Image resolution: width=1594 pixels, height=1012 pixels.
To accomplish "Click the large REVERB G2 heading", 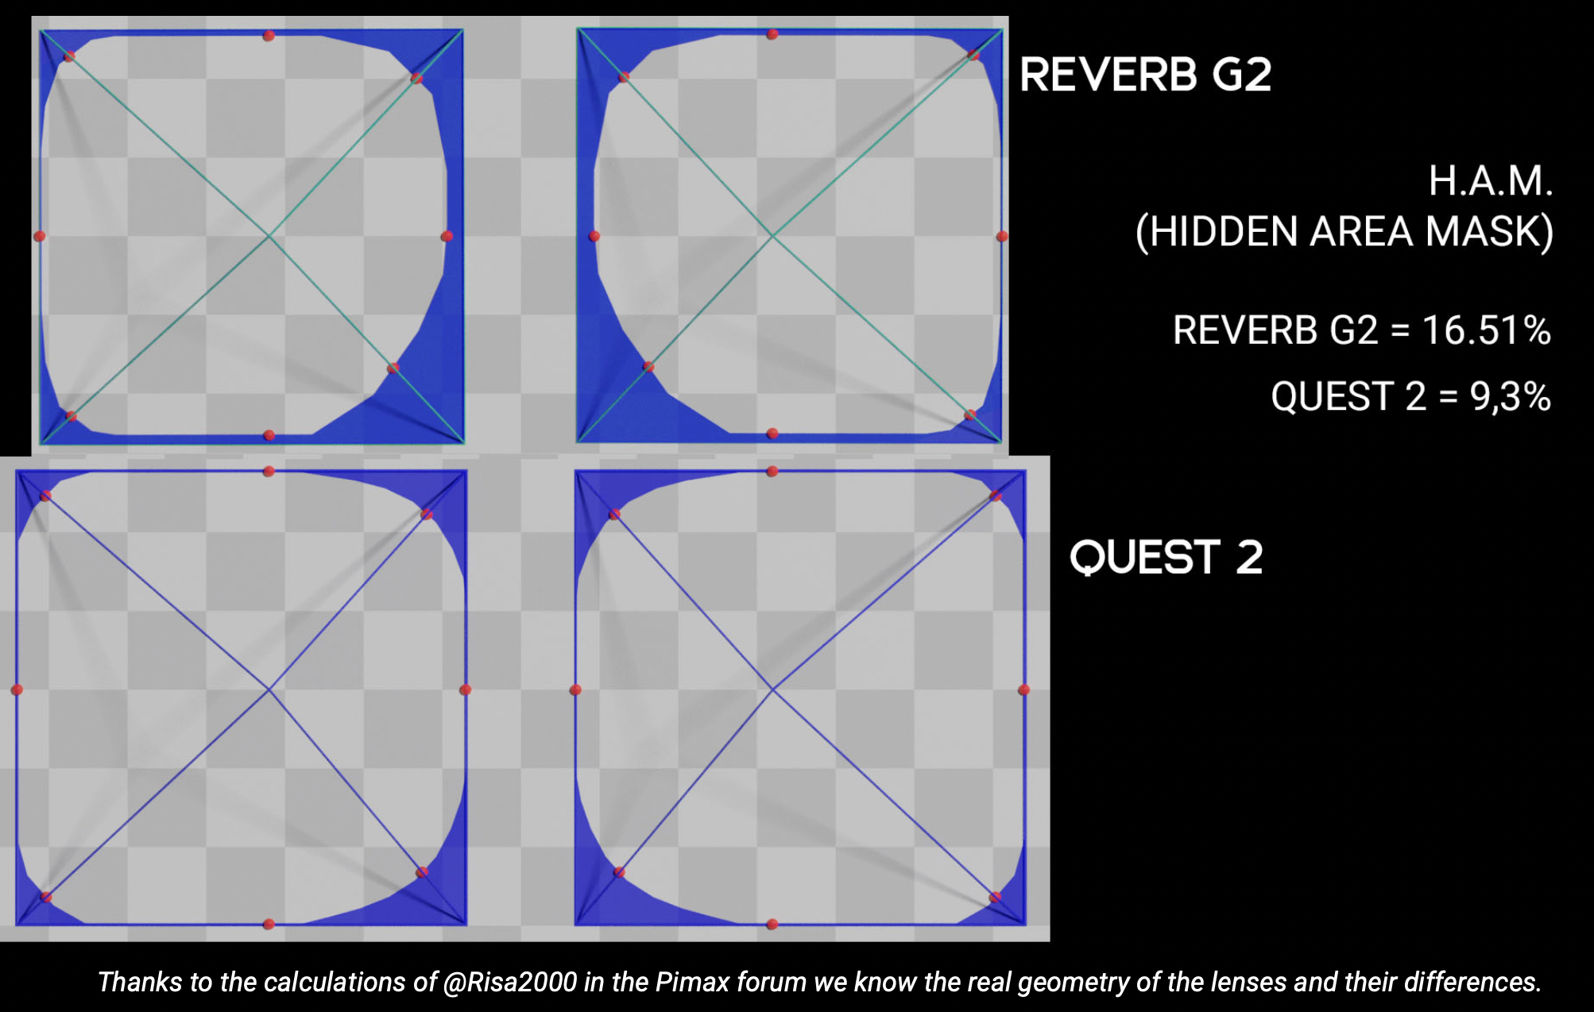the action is (1145, 75).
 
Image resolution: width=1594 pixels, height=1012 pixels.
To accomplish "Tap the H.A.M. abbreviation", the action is (1491, 180).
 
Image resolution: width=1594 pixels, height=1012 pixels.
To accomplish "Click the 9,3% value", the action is (1510, 396).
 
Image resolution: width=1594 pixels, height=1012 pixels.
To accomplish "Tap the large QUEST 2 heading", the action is (1166, 557).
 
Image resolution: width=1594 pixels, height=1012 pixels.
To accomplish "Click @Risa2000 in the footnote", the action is (510, 982).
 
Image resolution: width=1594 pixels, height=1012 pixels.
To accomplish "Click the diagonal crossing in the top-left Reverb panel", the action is (269, 236).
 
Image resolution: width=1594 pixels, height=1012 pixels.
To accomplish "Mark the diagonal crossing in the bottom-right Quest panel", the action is (772, 689).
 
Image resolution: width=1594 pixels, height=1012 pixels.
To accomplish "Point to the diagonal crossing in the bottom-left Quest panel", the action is (269, 689).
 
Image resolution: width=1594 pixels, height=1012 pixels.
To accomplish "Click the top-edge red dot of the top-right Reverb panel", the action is (772, 34).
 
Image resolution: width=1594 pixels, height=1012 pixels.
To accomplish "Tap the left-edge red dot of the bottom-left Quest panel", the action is (17, 689).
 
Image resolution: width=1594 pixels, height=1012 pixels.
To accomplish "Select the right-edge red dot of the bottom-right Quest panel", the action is (1024, 689).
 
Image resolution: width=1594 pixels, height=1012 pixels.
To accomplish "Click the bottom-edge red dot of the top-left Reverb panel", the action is (269, 435).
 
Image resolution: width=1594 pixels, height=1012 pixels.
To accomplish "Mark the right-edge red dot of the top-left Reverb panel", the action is (447, 236).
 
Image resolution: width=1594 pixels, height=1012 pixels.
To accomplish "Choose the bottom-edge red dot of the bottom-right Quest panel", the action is (772, 924).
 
